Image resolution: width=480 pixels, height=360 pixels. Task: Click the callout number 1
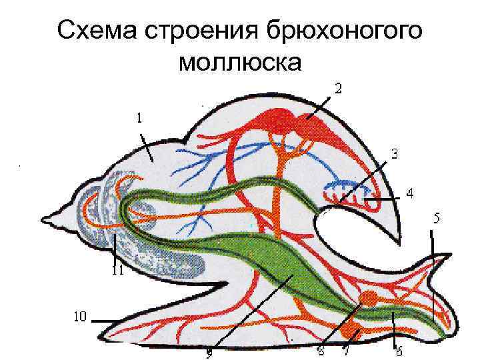click(x=139, y=118)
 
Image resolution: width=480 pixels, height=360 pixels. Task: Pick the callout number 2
click(x=338, y=87)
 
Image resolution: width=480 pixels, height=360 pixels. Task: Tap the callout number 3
click(x=395, y=154)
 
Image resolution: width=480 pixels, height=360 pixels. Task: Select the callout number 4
click(x=409, y=194)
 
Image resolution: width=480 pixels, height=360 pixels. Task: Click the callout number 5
click(x=437, y=218)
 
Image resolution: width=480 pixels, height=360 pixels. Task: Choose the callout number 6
click(x=399, y=351)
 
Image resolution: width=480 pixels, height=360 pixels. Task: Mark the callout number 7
click(x=347, y=351)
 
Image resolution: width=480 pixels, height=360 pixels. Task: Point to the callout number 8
click(x=321, y=351)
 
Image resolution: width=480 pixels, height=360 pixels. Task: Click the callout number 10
click(x=79, y=316)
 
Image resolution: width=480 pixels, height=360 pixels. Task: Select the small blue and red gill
click(x=347, y=192)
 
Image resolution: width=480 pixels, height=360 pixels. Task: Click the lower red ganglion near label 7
click(x=350, y=331)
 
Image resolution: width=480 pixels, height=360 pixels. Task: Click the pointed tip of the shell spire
click(x=44, y=218)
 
